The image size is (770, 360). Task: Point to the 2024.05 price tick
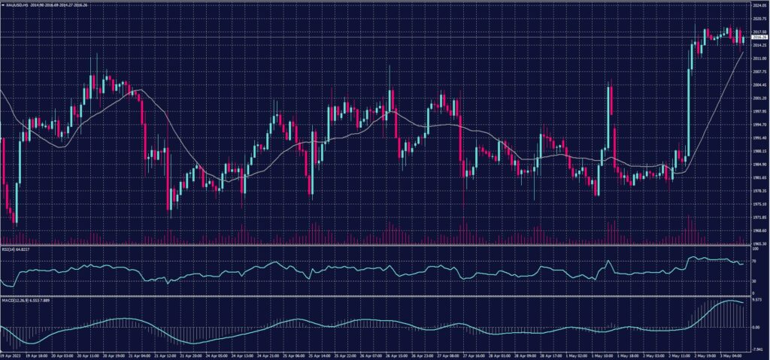pos(758,5)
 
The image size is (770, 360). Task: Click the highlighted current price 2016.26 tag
pos(758,37)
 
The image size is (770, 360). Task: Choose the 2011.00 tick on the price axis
pos(758,58)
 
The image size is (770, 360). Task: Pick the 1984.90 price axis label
pos(758,164)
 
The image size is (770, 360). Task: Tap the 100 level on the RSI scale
pos(754,248)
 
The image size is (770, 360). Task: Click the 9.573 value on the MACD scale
pos(756,299)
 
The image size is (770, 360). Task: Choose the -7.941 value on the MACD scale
pos(756,349)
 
